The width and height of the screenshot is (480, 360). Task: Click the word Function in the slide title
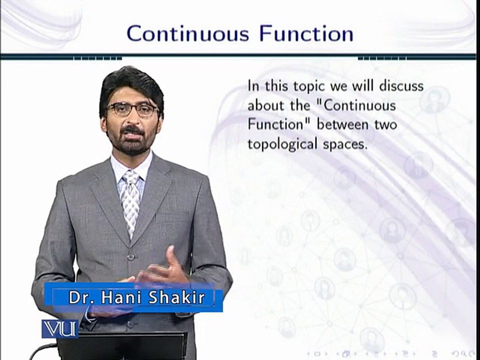(x=306, y=33)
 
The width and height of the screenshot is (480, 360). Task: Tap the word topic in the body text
(x=300, y=86)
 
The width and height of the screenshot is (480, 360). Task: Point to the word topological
(x=283, y=144)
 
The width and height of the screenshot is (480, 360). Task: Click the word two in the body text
(x=384, y=124)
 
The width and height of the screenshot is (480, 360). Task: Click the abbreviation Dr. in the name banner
(x=79, y=298)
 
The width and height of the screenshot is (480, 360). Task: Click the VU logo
(x=59, y=329)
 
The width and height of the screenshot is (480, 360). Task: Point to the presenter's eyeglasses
(x=132, y=109)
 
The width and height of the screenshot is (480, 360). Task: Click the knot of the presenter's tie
(x=131, y=178)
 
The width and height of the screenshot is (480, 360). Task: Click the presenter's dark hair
(x=131, y=82)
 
